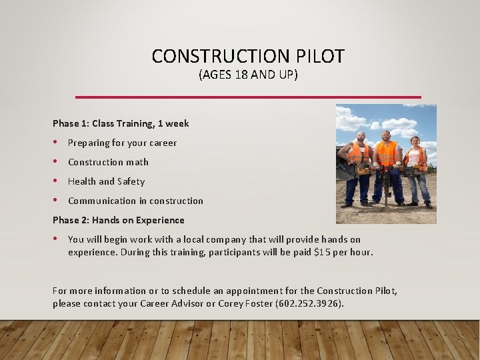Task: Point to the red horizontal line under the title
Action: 248,97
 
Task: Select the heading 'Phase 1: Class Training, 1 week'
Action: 121,123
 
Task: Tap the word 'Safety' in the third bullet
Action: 131,181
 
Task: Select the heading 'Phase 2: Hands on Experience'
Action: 119,220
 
